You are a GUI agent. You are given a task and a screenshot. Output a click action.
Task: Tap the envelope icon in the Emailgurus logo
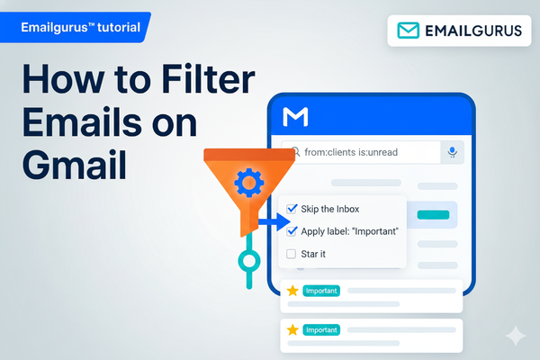[x=409, y=31]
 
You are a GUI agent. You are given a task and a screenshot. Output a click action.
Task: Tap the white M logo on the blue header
[x=295, y=117]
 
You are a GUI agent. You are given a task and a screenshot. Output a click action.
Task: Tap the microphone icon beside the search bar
[x=453, y=153]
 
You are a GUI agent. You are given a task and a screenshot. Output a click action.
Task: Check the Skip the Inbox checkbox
[x=292, y=209]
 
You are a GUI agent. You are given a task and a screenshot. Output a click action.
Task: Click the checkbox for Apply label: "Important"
[x=292, y=231]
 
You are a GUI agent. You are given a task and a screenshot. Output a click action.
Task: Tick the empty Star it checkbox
[x=292, y=254]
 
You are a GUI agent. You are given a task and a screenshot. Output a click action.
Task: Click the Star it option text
[x=313, y=254]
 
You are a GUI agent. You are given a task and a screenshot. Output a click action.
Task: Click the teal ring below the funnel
[x=248, y=262]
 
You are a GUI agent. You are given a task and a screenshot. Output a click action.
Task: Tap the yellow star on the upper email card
[x=292, y=291]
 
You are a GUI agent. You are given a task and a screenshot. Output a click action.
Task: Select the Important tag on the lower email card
[x=321, y=330]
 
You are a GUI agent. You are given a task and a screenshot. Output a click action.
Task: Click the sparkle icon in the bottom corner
[x=517, y=336]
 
